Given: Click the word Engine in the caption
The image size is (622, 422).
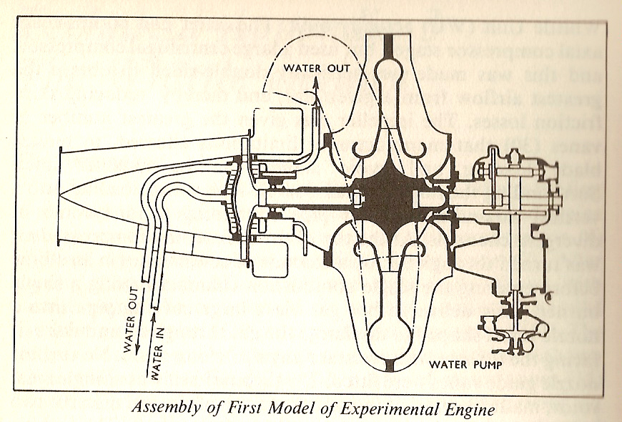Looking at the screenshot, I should pyautogui.click(x=466, y=410).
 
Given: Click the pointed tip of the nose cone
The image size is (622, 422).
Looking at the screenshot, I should pyautogui.click(x=60, y=194).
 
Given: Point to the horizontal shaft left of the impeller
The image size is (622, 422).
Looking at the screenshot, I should pyautogui.click(x=307, y=193).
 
